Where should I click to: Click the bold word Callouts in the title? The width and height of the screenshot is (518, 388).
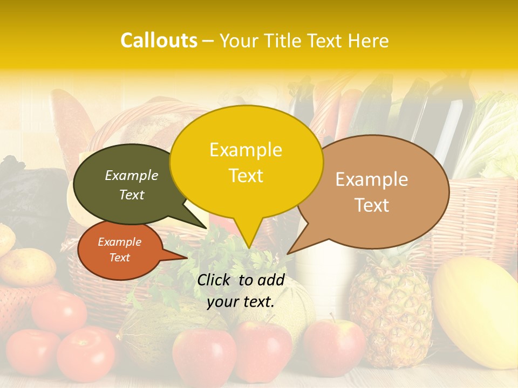(159, 40)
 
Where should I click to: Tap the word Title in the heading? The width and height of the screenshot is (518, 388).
(287, 41)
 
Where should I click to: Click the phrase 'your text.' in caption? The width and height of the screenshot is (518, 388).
(241, 302)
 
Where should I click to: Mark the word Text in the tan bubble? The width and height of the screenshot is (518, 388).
(372, 205)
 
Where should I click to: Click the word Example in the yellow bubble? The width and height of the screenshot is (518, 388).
(246, 150)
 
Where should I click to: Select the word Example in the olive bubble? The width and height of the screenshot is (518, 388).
(132, 175)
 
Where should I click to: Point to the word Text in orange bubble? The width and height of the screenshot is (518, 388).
(120, 258)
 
